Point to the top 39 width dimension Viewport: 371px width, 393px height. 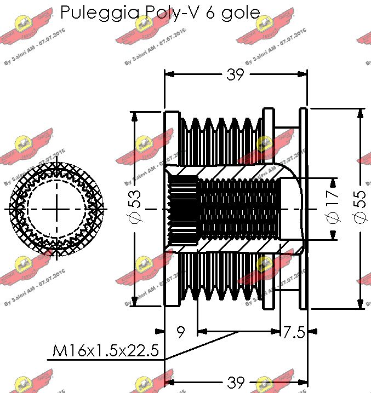235,75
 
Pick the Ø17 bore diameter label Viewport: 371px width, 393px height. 333,210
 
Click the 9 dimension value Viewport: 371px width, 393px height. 180,332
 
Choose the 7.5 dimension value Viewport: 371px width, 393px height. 293,332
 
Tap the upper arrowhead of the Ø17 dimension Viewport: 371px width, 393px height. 333,182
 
